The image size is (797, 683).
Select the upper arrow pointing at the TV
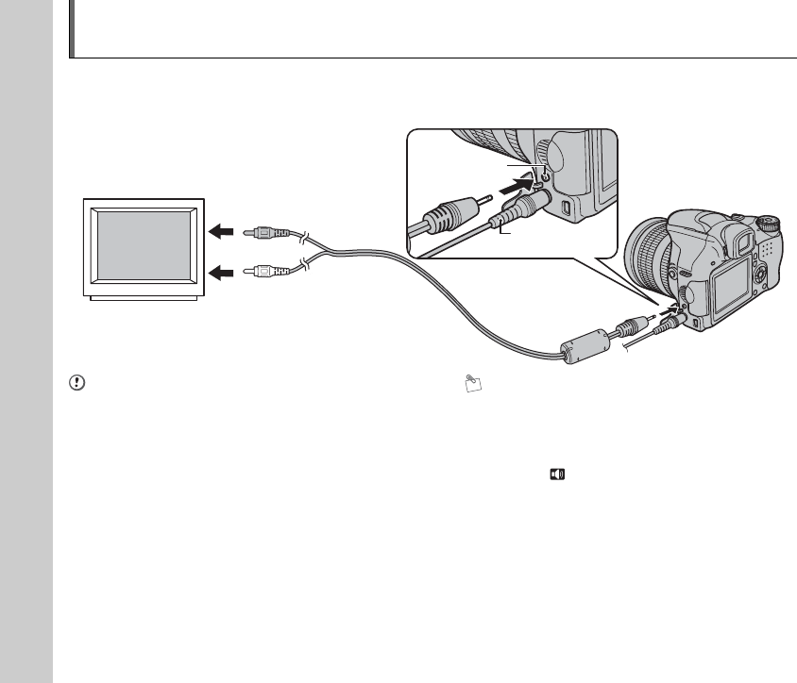click(220, 229)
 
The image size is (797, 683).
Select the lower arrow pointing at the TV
click(220, 273)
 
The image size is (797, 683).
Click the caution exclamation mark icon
click(76, 383)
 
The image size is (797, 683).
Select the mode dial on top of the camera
click(771, 222)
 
